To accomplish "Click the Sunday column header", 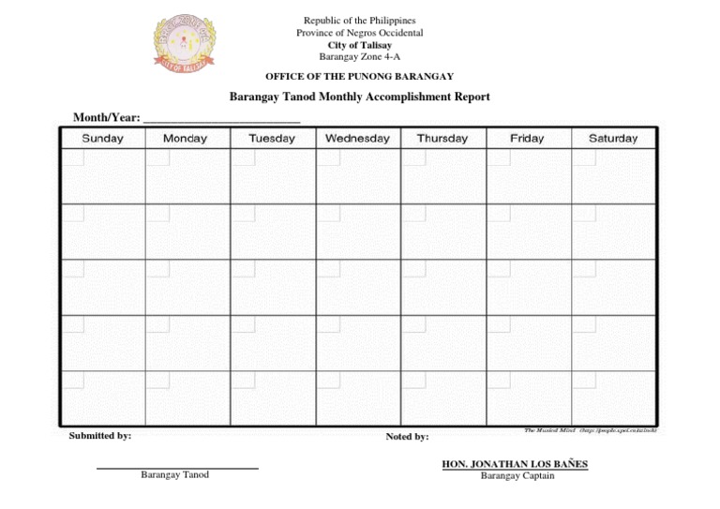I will click(102, 139).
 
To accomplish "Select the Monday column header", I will click(185, 139).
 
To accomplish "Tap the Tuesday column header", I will click(272, 139).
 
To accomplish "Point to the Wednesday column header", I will click(357, 139).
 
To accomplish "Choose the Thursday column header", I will click(442, 139).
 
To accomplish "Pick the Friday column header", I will click(527, 139).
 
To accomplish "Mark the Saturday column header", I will click(613, 139).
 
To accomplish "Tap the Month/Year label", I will click(107, 118).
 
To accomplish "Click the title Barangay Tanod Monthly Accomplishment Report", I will click(360, 97).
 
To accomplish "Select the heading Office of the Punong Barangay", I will click(360, 76).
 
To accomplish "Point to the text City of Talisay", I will click(360, 45).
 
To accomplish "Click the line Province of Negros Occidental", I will click(360, 33).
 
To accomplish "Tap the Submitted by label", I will click(100, 436).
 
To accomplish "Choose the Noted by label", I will click(407, 437).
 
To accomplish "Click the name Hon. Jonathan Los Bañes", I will click(515, 464).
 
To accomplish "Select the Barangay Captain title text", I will click(517, 475).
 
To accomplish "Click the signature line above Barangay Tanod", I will click(177, 468).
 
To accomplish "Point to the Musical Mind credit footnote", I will click(591, 430).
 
